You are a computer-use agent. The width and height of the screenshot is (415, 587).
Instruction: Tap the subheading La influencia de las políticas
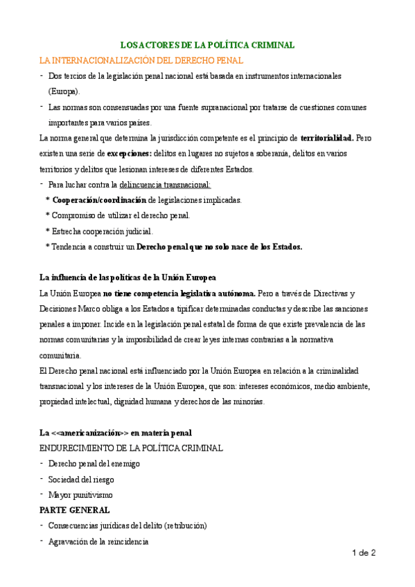(128, 278)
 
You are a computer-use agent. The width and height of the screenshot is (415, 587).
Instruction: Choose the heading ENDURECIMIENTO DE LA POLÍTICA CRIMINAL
(131, 448)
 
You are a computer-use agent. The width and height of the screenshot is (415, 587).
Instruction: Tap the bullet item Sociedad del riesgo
(81, 479)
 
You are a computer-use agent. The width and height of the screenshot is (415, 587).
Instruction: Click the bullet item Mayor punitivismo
(80, 494)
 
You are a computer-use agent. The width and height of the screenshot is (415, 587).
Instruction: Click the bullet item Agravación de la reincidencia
(98, 541)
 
